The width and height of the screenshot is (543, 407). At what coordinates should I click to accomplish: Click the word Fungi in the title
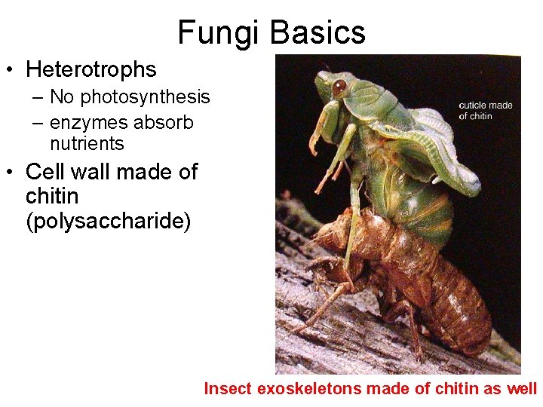[x=219, y=32]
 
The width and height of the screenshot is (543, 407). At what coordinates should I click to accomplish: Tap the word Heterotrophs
[x=91, y=69]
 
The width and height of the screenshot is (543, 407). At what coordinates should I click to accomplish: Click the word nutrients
[x=87, y=143]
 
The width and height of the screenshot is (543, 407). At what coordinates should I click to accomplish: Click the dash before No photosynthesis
[x=38, y=97]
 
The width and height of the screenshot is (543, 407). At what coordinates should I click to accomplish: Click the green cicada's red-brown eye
[x=339, y=86]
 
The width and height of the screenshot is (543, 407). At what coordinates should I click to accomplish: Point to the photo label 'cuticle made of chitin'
[x=485, y=110]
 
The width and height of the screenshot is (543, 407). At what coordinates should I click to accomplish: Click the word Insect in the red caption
[x=229, y=389]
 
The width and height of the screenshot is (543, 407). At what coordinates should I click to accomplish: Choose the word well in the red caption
[x=523, y=389]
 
